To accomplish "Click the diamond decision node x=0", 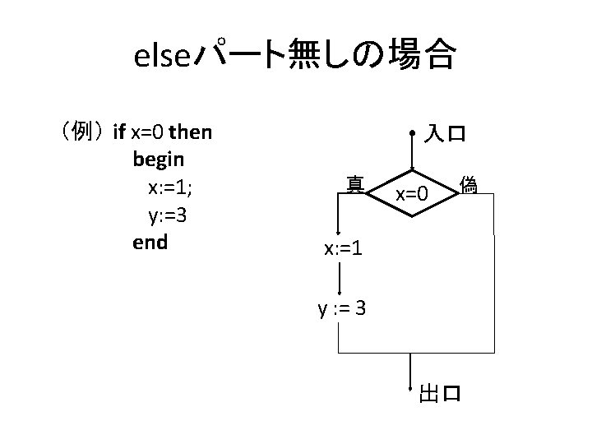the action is pos(411,195).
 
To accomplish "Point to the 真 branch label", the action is pos(355,184).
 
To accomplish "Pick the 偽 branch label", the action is pos(469,185).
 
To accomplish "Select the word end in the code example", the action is pos(150,242).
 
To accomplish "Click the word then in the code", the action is pos(190,131).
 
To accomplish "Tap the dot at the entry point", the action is pos(411,132).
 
